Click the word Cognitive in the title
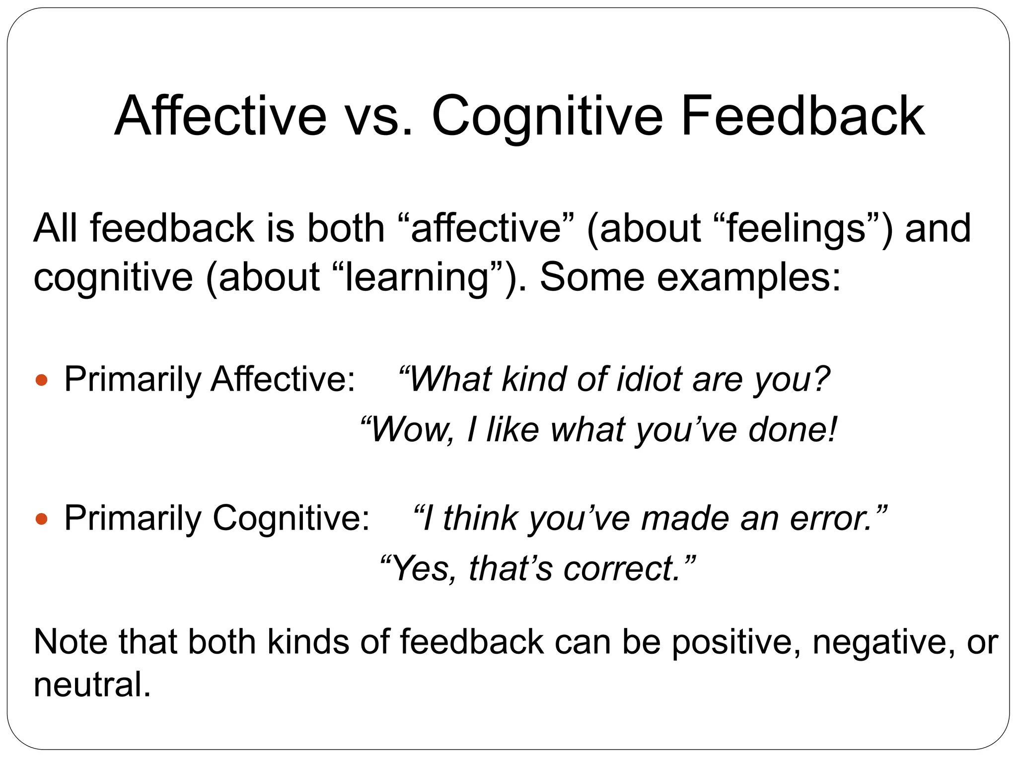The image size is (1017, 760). [x=547, y=117]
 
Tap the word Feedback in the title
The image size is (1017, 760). [x=802, y=117]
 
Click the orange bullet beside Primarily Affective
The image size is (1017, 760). [x=42, y=381]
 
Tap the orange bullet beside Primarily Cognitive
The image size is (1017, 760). [x=42, y=519]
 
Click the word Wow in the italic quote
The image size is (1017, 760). [x=410, y=429]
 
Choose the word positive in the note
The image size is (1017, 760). [x=735, y=642]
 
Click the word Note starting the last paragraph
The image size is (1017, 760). [x=70, y=641]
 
